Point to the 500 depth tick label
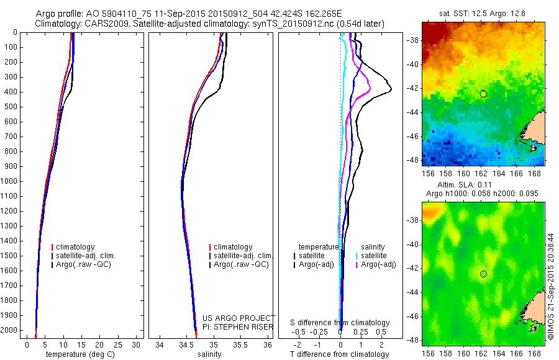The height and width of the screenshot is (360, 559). pyautogui.click(x=11, y=107)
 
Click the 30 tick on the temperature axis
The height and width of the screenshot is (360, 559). pyautogui.click(x=137, y=344)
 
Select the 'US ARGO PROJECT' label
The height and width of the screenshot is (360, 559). pyautogui.click(x=239, y=318)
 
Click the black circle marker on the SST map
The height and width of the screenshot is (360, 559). pyautogui.click(x=483, y=94)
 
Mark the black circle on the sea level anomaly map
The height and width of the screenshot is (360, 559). pyautogui.click(x=483, y=274)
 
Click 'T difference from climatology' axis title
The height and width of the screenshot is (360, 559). pyautogui.click(x=340, y=354)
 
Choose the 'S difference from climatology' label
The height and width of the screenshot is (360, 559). pyautogui.click(x=340, y=323)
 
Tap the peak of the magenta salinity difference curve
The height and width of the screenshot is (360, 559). pyautogui.click(x=370, y=90)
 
